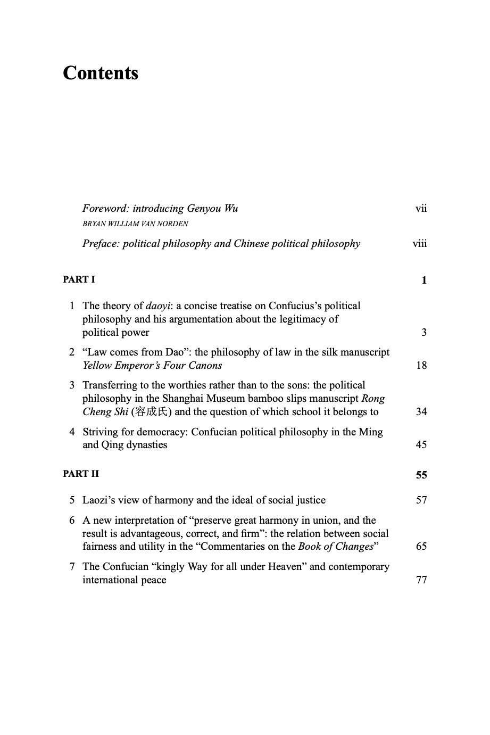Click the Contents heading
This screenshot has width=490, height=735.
tap(101, 73)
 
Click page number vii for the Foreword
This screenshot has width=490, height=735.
tap(421, 208)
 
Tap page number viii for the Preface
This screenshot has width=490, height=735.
tap(420, 244)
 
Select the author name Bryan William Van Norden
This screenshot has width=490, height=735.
tap(135, 224)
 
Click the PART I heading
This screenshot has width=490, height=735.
tap(79, 279)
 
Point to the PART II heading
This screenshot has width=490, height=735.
tap(81, 474)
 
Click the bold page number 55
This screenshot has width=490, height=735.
tap(421, 475)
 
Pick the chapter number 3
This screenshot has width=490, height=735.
tap(72, 385)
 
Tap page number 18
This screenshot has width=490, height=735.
tap(421, 366)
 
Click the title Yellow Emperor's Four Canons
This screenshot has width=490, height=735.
tap(152, 366)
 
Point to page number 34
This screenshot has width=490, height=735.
tap(421, 412)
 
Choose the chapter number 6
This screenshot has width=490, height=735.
tap(72, 520)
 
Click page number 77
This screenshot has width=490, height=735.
tap(421, 580)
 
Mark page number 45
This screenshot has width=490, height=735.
tap(421, 445)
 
